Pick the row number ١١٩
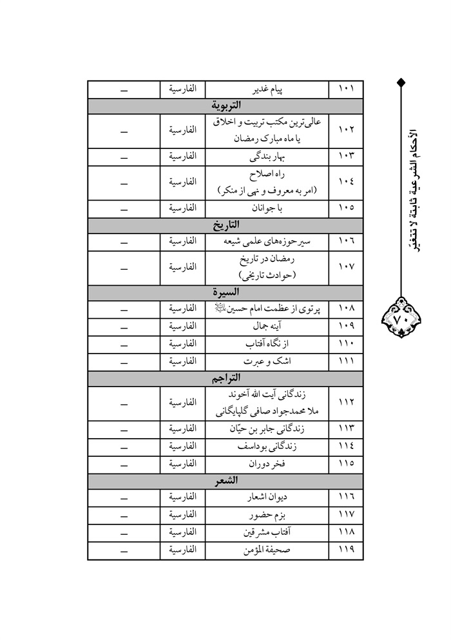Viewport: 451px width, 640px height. click(346, 550)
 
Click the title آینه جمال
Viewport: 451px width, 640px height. click(267, 326)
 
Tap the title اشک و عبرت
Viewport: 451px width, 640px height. click(267, 361)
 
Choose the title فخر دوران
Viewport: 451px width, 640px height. click(267, 464)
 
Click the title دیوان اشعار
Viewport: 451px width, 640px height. click(267, 499)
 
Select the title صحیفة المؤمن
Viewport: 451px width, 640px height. click(267, 550)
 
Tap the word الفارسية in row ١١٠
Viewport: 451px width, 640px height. click(182, 344)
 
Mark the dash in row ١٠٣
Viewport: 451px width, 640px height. click(124, 157)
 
